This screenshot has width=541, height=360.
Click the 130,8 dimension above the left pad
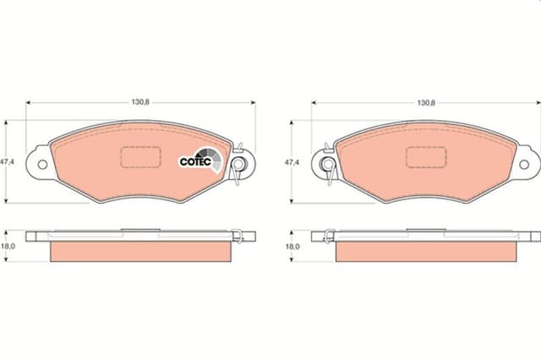pos(141,102)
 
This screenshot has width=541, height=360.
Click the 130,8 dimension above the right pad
pos(426,102)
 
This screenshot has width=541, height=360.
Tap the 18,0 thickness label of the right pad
pos(292,246)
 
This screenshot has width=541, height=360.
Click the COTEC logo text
pos(196,161)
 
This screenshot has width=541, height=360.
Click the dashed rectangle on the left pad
pos(140,157)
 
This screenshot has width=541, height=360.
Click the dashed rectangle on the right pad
pos(426,157)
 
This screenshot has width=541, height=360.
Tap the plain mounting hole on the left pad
pos(38,162)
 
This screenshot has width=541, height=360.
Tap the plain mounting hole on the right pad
pos(529,162)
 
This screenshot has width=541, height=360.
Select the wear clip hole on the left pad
pos(241,162)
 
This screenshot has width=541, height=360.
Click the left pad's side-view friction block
pos(140,251)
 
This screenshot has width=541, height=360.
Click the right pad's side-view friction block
pos(426,251)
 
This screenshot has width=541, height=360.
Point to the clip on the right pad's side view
pos(325,236)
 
